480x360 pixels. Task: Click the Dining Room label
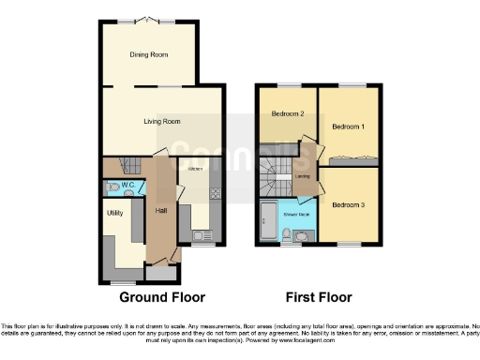click(149, 55)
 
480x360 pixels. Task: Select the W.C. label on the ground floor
click(128, 186)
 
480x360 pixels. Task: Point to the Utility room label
click(115, 214)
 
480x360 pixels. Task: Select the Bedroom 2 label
click(288, 114)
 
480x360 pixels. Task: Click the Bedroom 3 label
click(347, 203)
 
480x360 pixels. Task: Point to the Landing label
click(303, 175)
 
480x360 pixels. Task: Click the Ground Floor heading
click(161, 297)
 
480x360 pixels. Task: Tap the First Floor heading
click(317, 297)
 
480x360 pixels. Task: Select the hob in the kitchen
click(215, 195)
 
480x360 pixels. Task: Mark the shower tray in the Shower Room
click(268, 222)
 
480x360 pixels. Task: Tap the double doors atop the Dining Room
click(149, 20)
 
